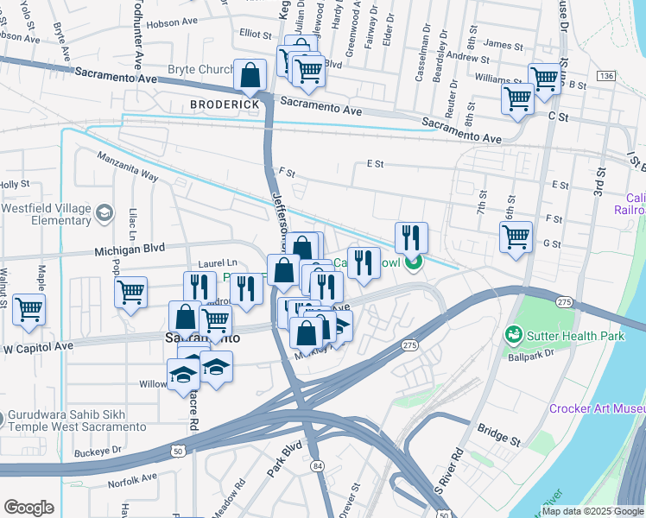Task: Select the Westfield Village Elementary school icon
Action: click(x=104, y=212)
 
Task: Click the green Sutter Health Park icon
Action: click(x=513, y=333)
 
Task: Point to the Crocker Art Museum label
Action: click(x=597, y=408)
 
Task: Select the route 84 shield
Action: click(x=319, y=467)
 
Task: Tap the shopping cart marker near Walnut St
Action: click(x=29, y=308)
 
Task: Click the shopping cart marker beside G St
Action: click(x=516, y=236)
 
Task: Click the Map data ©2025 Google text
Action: click(x=592, y=511)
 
